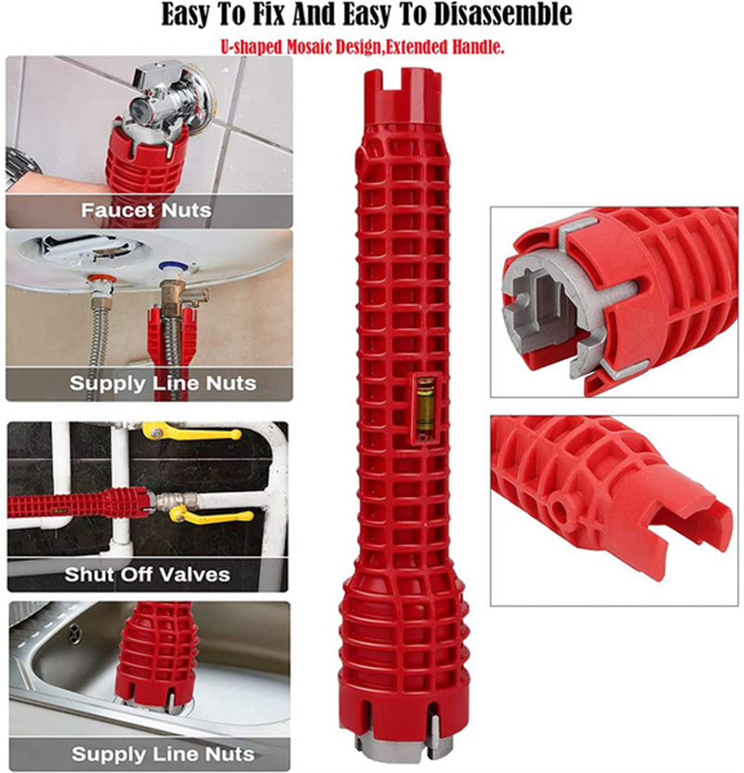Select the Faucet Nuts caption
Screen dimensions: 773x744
pos(145,209)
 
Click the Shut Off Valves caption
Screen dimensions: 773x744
pos(147,574)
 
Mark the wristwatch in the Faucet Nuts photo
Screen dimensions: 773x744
pos(20,167)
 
